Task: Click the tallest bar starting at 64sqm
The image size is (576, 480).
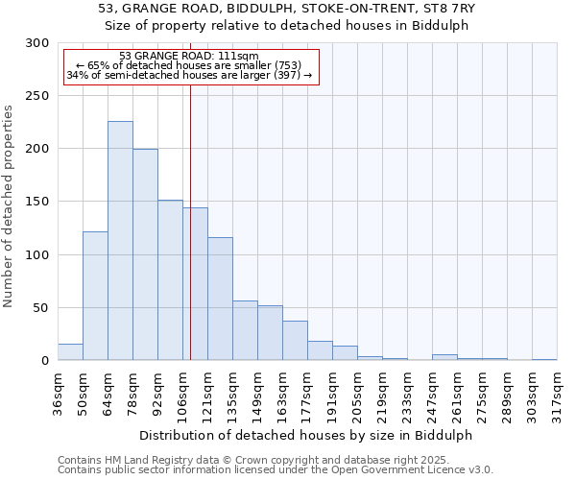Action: pyautogui.click(x=120, y=240)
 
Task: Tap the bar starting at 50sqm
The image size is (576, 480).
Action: pyautogui.click(x=95, y=296)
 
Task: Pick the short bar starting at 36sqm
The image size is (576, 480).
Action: pyautogui.click(x=70, y=352)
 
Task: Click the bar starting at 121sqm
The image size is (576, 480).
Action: pyautogui.click(x=220, y=299)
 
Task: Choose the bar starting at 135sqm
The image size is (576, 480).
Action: pyautogui.click(x=245, y=330)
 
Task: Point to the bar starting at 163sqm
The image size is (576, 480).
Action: pyautogui.click(x=295, y=341)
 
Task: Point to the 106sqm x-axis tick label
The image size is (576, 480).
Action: pyautogui.click(x=182, y=394)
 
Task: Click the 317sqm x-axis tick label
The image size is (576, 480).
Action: pyautogui.click(x=557, y=394)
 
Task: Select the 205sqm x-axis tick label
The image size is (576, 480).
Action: pyautogui.click(x=357, y=394)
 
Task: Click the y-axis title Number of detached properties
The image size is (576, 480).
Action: pyautogui.click(x=10, y=206)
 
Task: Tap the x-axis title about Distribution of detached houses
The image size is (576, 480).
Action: pyautogui.click(x=306, y=435)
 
